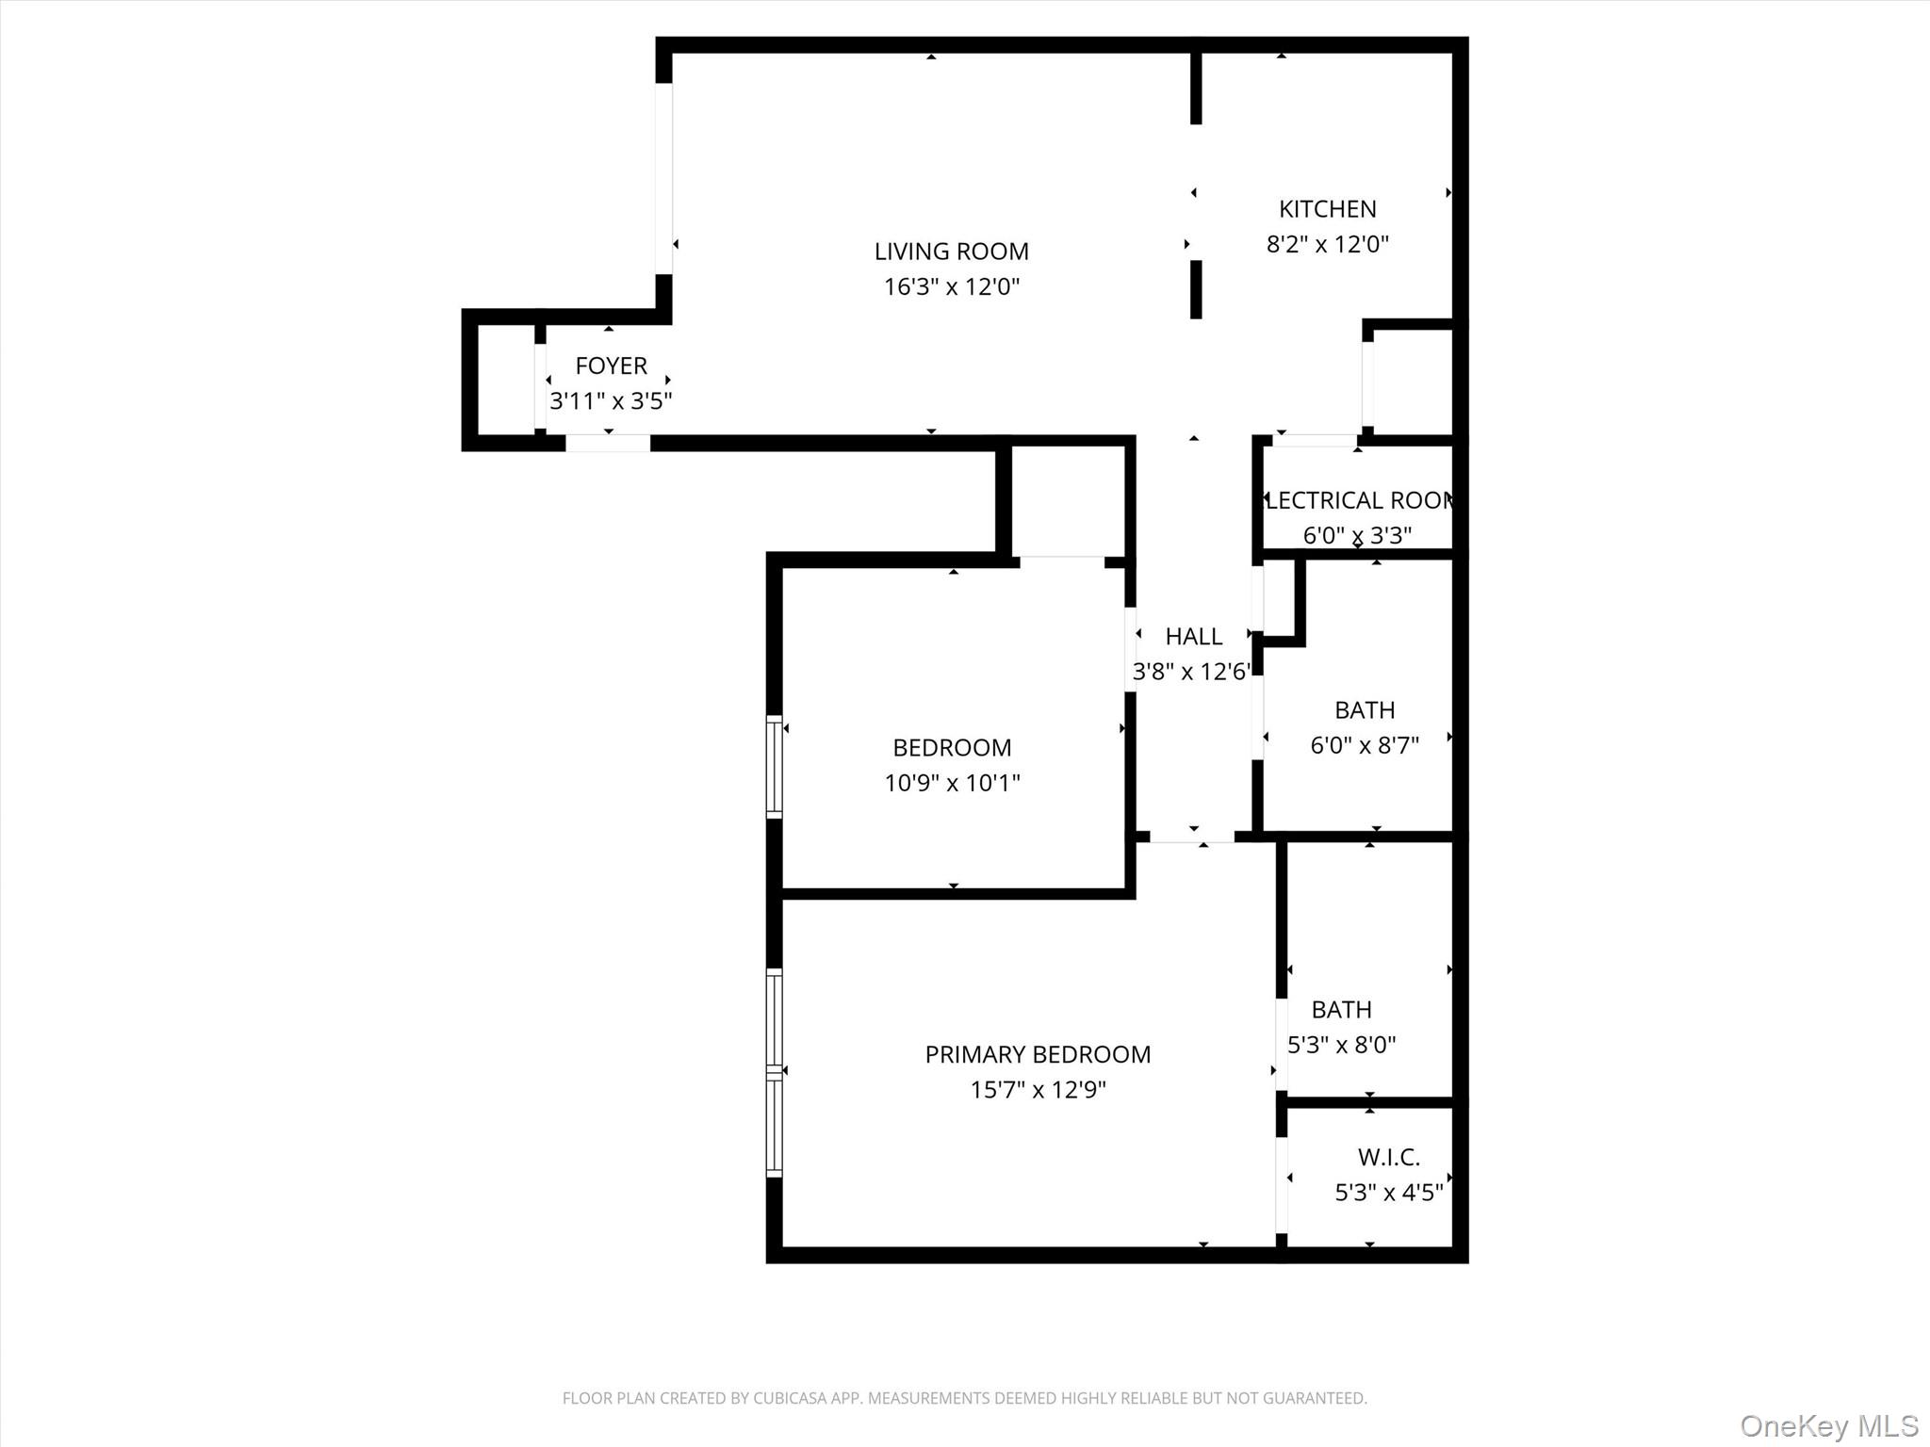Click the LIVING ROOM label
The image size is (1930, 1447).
pos(951,252)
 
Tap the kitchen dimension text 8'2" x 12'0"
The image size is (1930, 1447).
pos(1327,245)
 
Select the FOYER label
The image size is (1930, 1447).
pos(611,366)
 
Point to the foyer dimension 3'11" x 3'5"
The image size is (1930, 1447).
pos(611,401)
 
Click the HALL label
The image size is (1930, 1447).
pos(1193,637)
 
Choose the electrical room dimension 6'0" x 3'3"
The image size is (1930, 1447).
pos(1357,535)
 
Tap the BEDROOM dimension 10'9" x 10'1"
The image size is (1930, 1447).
pos(952,783)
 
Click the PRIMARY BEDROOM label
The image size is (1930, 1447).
pos(1038,1054)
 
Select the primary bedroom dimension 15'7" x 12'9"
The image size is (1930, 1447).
pos(1038,1090)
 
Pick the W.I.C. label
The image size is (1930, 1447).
pos(1388,1157)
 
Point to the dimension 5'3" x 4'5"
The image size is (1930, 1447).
pos(1388,1193)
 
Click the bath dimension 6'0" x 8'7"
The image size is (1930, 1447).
pos(1365,745)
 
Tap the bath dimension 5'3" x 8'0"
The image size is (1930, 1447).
pos(1341,1045)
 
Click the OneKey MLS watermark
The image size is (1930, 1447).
pos(1829,1425)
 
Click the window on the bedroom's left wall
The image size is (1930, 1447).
pos(774,766)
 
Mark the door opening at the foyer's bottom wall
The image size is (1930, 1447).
pos(608,443)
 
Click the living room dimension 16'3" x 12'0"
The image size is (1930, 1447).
pos(951,287)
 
